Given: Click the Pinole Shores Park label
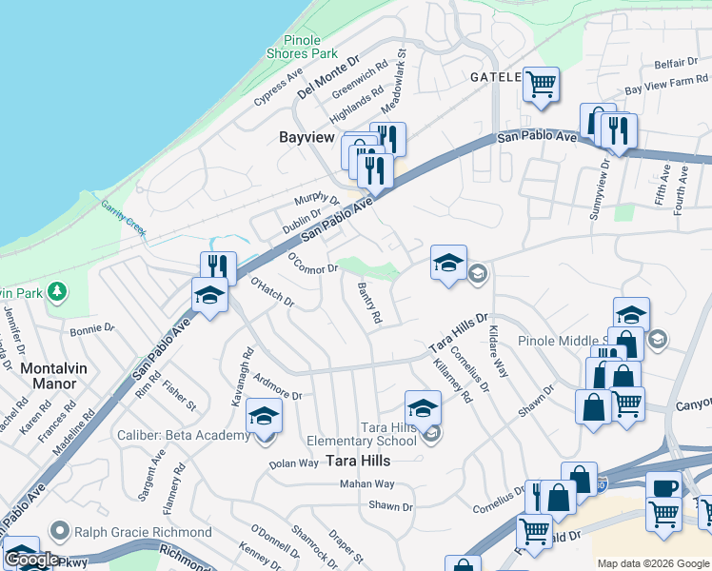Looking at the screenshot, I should click(309, 47).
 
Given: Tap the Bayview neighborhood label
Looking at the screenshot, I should click(307, 138).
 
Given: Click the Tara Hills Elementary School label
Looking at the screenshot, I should click(362, 434).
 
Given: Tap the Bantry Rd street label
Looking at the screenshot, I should click(369, 303).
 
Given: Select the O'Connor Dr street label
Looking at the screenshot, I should click(313, 262).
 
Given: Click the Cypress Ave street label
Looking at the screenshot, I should click(278, 87).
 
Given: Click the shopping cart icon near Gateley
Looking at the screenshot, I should click(541, 83).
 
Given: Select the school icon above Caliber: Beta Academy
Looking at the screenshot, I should click(265, 415).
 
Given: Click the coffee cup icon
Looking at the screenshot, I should click(663, 487).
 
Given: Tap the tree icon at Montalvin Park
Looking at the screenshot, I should click(57, 289).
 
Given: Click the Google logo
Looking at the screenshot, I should click(31, 560).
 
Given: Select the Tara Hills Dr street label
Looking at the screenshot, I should click(458, 331).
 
